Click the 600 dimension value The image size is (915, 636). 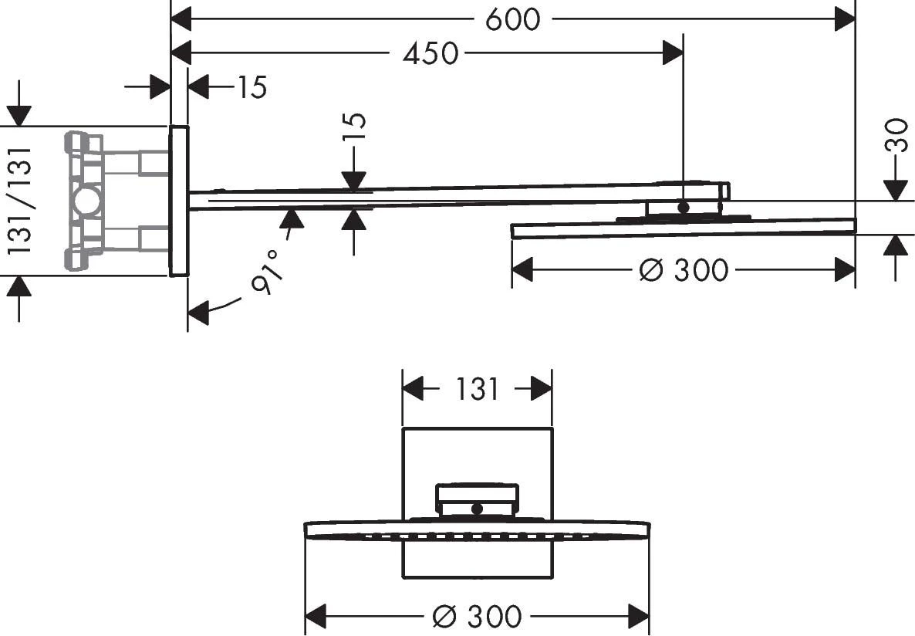(513, 19)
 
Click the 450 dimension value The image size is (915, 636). (430, 54)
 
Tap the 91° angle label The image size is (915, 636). (266, 272)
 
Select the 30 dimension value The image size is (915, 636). (897, 135)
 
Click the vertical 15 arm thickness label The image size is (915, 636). (353, 126)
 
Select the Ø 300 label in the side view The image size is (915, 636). (684, 270)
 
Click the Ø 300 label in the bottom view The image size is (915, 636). (477, 616)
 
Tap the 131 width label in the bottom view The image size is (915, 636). (477, 389)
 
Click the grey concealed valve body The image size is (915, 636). (116, 201)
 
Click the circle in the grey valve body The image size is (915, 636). (87, 201)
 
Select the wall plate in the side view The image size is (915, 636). (179, 201)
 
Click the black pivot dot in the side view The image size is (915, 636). (684, 207)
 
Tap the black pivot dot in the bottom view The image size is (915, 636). (477, 509)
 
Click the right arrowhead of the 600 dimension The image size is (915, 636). (845, 19)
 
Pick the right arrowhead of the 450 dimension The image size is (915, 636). (673, 54)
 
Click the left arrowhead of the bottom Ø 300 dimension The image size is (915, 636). (316, 616)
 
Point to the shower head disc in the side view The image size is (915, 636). (684, 228)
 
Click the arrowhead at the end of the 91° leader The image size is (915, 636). (198, 312)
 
